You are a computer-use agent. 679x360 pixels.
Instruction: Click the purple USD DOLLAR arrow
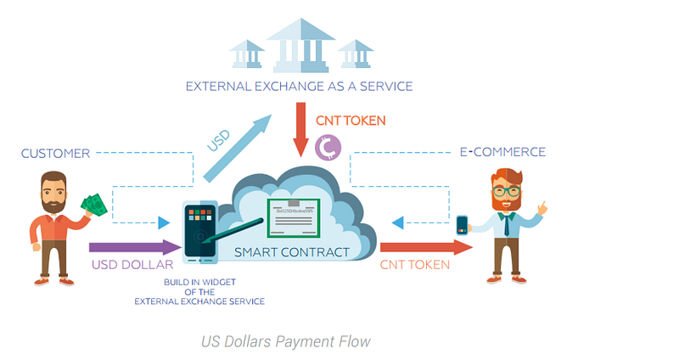(x=135, y=247)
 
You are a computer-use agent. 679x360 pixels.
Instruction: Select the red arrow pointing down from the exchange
(x=301, y=130)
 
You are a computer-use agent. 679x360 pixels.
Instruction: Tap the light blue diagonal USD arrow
(x=238, y=149)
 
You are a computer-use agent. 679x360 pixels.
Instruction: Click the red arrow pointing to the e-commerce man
(x=426, y=247)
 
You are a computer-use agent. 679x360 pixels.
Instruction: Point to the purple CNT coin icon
(x=328, y=147)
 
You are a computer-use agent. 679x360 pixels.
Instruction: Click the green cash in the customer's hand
(x=94, y=205)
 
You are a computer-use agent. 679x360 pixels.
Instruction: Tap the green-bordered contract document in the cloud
(x=294, y=218)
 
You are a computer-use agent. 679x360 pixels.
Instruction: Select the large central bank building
(x=300, y=45)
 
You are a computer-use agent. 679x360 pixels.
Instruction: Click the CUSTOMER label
(x=55, y=154)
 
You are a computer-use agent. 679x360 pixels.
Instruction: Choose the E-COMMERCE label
(x=502, y=152)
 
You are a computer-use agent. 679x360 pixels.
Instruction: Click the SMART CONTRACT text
(x=291, y=252)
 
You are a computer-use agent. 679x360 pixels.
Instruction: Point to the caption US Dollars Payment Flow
(x=286, y=341)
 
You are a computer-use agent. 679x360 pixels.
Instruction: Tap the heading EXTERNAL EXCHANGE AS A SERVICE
(x=299, y=87)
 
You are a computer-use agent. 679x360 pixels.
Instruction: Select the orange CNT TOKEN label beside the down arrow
(x=351, y=121)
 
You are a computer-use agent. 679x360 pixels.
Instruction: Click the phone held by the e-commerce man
(x=462, y=225)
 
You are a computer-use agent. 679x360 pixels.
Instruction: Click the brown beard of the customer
(x=53, y=203)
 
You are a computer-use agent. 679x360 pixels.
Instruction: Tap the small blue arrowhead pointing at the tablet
(x=164, y=222)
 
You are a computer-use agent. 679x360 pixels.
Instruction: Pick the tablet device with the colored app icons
(x=199, y=232)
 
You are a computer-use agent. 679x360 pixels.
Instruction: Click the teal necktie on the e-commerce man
(x=507, y=224)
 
